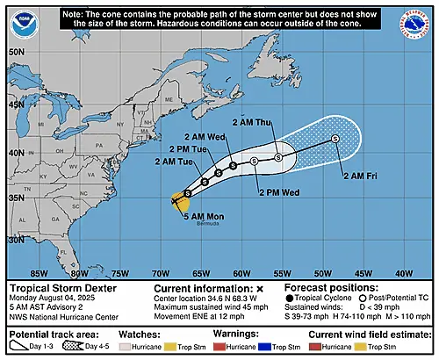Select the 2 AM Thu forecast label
252,122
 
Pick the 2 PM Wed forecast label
277,190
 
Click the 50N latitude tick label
16,52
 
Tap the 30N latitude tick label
16,238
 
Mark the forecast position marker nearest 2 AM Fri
335,139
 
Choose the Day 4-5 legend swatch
90,347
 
